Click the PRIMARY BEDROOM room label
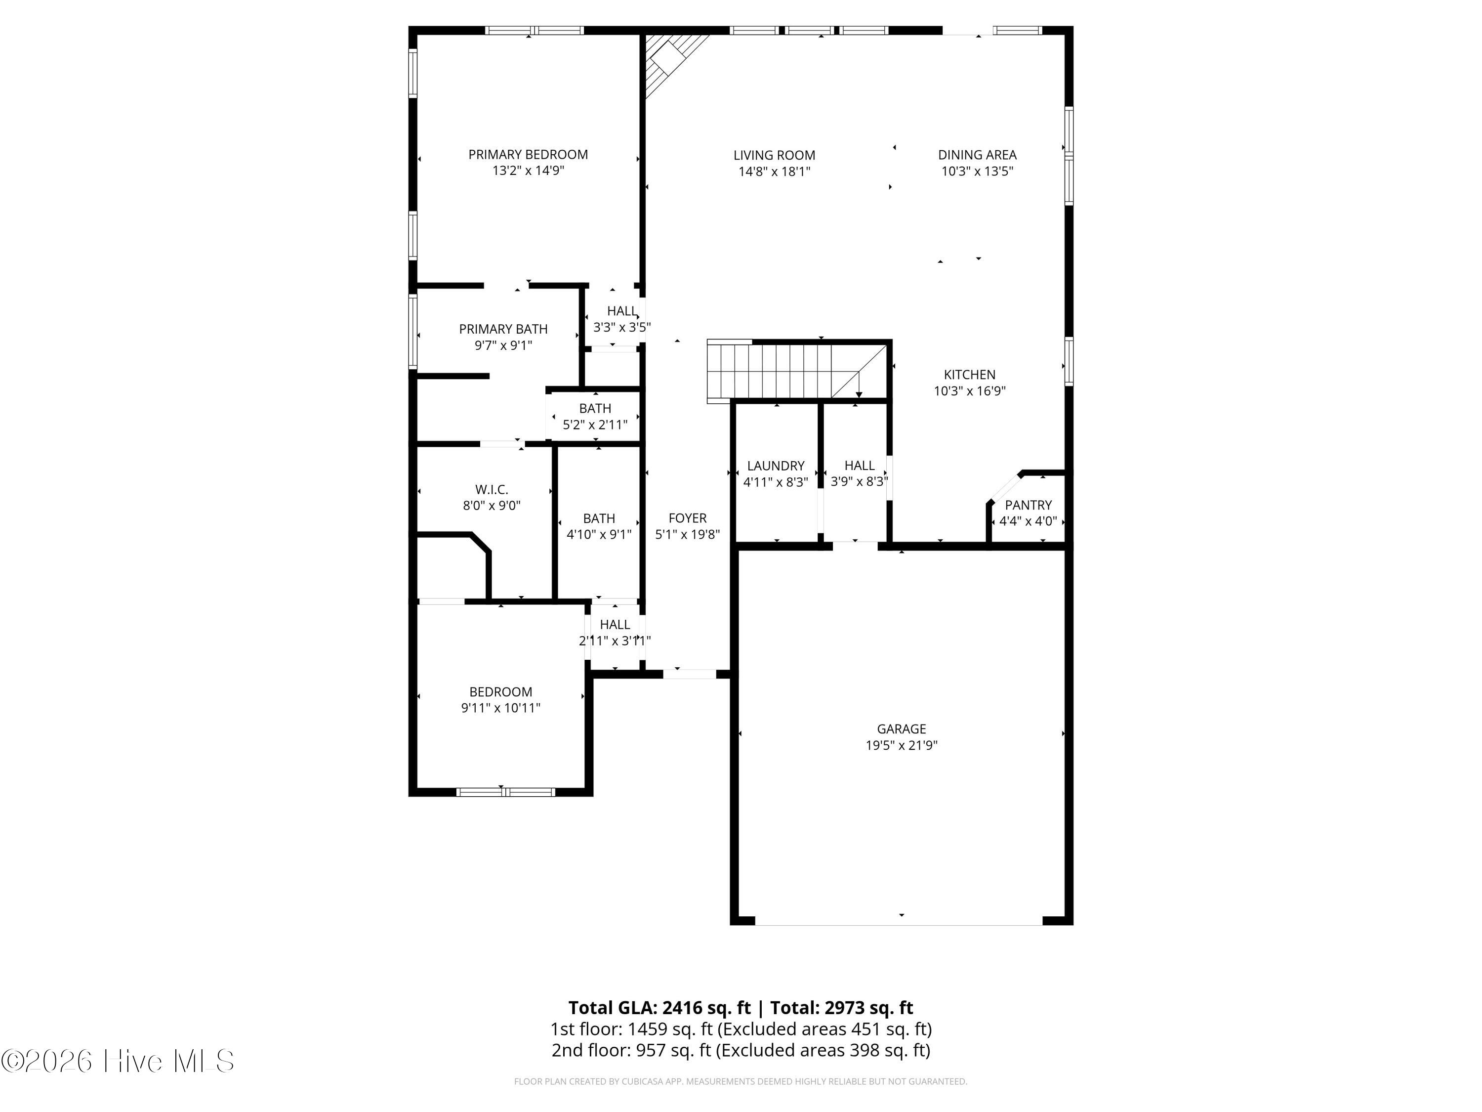point(528,155)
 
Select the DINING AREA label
point(977,155)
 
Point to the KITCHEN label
point(969,375)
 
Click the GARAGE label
point(901,728)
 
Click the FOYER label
point(688,518)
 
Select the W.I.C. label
point(492,489)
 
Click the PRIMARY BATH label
point(503,329)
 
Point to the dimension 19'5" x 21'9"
point(901,745)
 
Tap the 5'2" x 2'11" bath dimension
point(595,424)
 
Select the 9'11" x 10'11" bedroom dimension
point(500,708)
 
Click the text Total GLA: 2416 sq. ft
point(659,1007)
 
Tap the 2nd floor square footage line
point(741,1050)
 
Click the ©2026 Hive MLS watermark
point(118,1061)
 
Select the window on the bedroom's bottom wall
point(506,792)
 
